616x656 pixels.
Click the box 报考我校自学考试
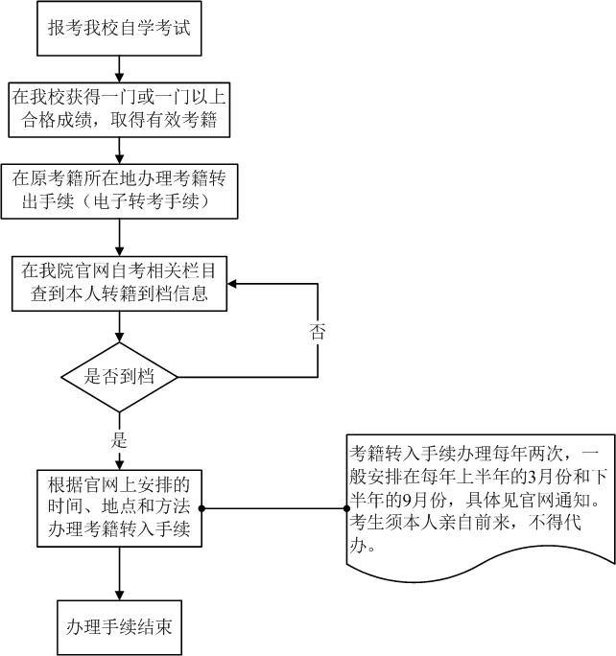(x=119, y=27)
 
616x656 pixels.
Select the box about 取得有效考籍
(x=119, y=108)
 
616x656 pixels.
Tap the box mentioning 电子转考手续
(x=119, y=191)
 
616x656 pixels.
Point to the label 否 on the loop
(x=318, y=332)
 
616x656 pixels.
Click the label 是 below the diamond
(x=120, y=440)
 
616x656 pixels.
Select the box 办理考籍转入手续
(x=119, y=508)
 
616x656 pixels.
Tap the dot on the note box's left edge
(x=345, y=508)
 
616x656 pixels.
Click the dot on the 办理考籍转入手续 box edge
(x=201, y=508)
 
